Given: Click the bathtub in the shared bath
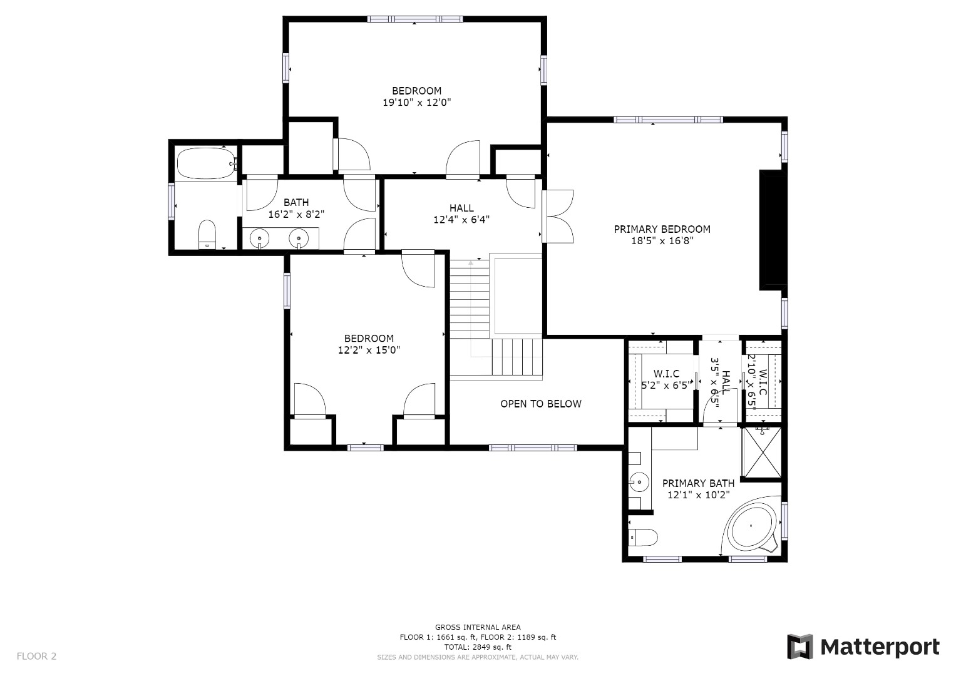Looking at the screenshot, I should point(205,164).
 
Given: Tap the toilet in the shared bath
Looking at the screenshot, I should point(207,235).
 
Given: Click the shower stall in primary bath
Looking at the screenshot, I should point(761,452).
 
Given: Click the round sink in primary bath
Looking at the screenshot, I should point(639,482).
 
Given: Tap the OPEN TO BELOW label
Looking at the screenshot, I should point(540,404).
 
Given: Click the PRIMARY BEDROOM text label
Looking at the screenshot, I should point(662,229).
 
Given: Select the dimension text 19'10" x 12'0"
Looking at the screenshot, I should point(416,102).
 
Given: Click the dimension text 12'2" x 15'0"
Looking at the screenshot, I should point(369,351).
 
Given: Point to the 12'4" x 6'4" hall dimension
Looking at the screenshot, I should point(461,220).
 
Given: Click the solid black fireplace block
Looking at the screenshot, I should point(772,230).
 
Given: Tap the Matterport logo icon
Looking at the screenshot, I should point(799,647).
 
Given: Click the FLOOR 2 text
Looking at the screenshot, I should point(36,656).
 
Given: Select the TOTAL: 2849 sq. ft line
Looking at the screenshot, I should point(478,647).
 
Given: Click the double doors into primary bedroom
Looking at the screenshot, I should point(557,217).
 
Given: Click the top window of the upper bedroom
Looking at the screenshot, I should point(415,19).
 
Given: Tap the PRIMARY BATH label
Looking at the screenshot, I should point(698,483).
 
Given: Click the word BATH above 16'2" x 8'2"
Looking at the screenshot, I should point(296,202).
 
